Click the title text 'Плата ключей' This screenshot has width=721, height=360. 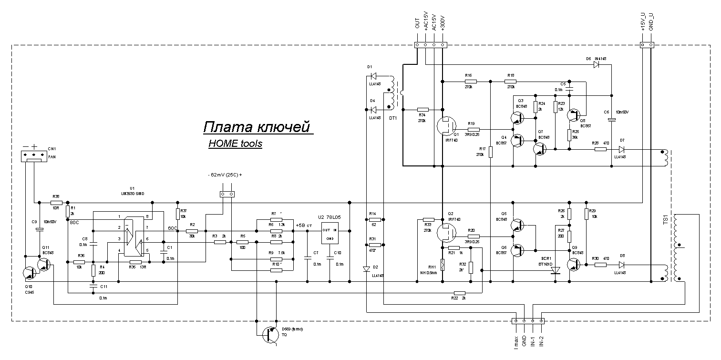pos(257,128)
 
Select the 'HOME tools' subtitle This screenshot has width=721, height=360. pos(235,144)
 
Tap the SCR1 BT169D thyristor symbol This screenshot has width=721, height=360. pos(555,270)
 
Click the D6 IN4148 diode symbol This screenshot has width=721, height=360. pos(597,64)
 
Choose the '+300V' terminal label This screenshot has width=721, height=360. pos(443,23)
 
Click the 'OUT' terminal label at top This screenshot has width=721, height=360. pos(417,24)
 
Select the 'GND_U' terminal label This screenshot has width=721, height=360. pos(651,23)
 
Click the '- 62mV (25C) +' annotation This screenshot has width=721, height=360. pos(225,175)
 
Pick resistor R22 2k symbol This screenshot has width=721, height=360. pos(460,293)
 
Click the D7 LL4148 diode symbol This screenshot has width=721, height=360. pos(621,149)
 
